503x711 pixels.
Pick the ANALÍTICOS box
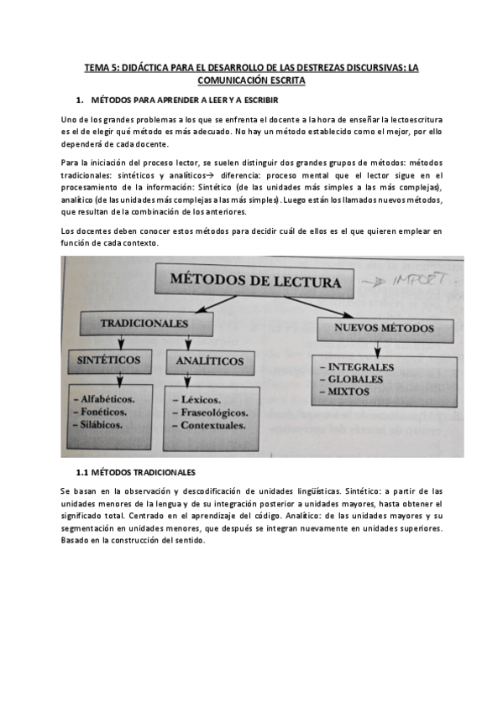click(x=210, y=361)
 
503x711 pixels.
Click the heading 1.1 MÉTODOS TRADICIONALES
click(x=135, y=473)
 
